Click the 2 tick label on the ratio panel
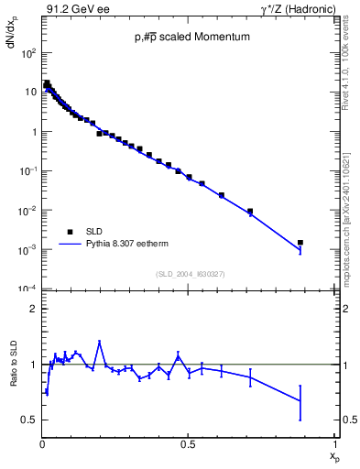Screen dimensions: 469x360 point(32,309)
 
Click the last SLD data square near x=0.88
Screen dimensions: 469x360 point(300,243)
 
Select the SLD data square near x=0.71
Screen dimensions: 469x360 point(250,212)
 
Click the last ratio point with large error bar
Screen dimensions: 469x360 point(300,401)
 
